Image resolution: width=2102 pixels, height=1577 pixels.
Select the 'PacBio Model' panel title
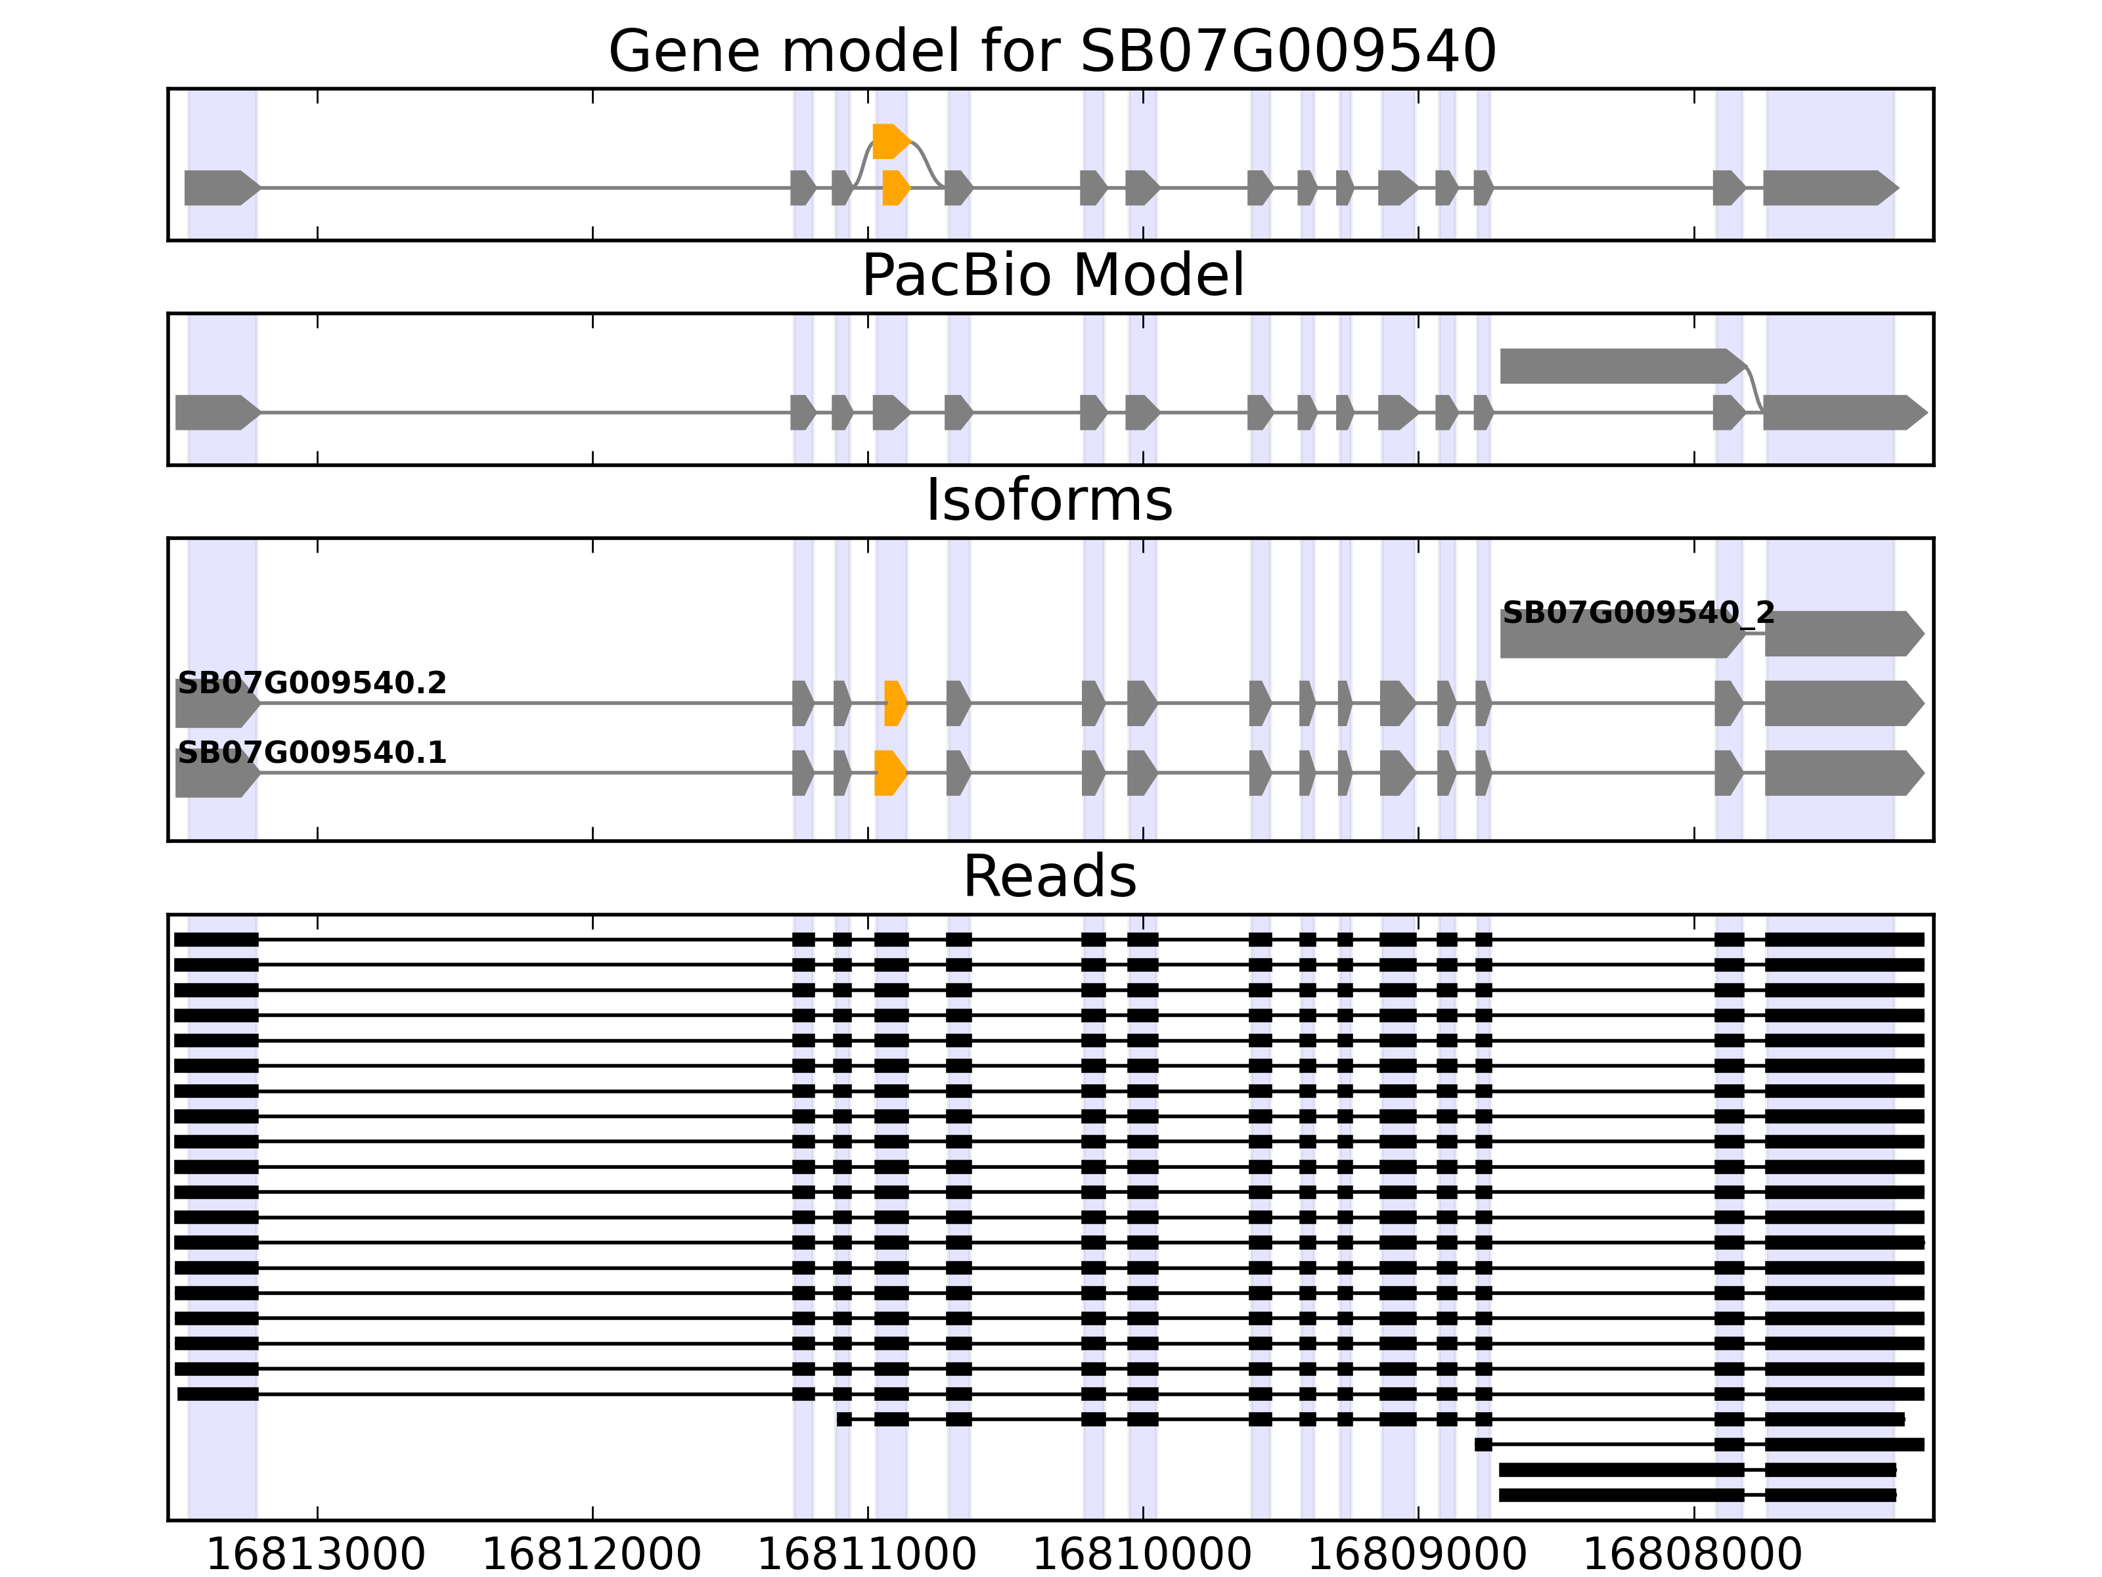(x=1051, y=276)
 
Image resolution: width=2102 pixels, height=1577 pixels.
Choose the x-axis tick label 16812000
(x=591, y=1556)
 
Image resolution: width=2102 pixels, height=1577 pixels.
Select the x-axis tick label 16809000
(x=1417, y=1556)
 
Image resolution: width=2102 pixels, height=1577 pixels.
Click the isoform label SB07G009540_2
(x=1638, y=613)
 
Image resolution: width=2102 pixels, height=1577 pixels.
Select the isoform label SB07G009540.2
(x=312, y=683)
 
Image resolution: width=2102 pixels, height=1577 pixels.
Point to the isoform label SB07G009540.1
(x=312, y=753)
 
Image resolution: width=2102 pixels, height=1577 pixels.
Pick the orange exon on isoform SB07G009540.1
(x=889, y=773)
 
